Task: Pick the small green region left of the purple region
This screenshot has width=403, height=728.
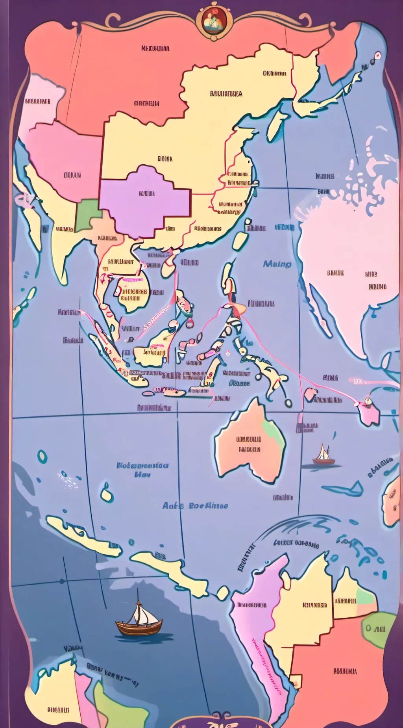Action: pyautogui.click(x=87, y=215)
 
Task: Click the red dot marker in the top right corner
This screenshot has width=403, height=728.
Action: pyautogui.click(x=378, y=55)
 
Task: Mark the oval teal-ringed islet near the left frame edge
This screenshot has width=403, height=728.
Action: pyautogui.click(x=42, y=457)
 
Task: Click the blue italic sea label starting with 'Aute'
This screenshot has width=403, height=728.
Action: pyautogui.click(x=195, y=505)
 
